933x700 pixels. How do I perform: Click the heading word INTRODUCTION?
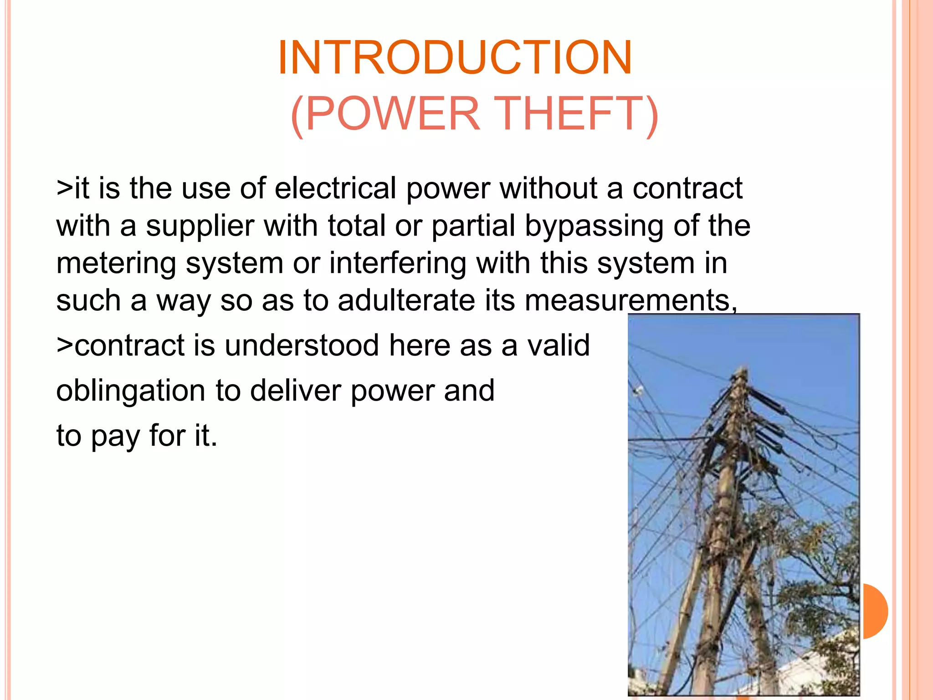point(455,58)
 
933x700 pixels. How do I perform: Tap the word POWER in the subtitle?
point(393,113)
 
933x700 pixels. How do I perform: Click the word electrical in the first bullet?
point(335,188)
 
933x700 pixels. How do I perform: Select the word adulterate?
point(406,301)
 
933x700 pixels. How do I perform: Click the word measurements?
point(631,301)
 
